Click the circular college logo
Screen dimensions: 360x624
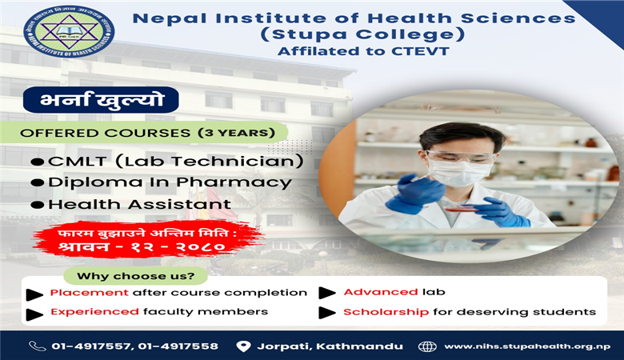58,32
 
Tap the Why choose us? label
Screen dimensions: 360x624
141,277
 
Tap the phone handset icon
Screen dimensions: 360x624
37,346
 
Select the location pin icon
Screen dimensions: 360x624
244,346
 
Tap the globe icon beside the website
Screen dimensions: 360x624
427,346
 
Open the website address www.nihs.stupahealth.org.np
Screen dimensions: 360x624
526,346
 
